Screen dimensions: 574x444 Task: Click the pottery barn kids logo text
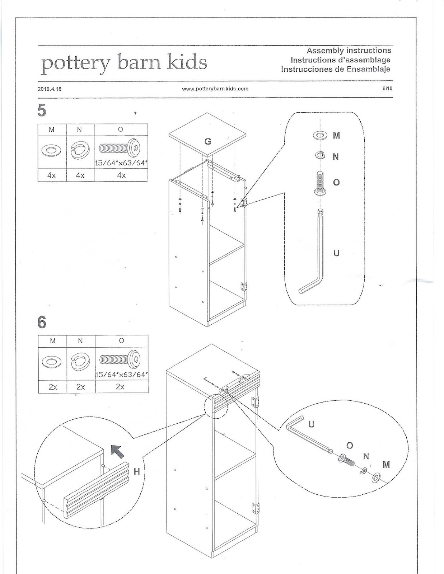124,63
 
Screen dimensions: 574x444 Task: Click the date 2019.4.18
50,89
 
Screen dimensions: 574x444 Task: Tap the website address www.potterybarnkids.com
215,89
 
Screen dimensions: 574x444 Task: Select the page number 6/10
387,88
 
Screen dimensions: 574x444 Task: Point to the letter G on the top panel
208,141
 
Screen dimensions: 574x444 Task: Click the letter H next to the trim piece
136,471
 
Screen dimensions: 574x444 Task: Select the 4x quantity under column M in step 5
52,175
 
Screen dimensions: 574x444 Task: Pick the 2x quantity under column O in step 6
120,387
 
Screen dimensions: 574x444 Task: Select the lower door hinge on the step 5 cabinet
244,286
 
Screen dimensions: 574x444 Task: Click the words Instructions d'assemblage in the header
340,60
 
